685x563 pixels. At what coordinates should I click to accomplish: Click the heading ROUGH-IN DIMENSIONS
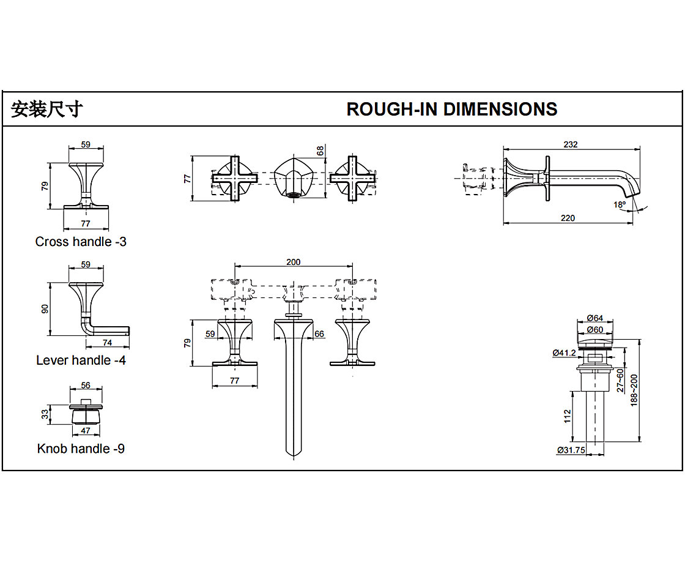pos(451,109)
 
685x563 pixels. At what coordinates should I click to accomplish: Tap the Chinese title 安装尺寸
pos(47,109)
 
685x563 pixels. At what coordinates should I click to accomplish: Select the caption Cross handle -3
pos(81,242)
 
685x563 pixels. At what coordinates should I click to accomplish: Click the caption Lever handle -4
pos(81,360)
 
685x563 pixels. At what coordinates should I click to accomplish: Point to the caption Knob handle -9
pos(81,449)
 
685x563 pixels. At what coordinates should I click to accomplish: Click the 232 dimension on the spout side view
pos(571,144)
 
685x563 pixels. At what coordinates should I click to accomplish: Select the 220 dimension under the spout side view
pos(568,218)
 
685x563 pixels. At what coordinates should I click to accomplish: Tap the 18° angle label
pos(620,205)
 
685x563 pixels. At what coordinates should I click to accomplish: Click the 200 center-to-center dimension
pos(294,262)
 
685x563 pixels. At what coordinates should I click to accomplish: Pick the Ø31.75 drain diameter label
pos(571,450)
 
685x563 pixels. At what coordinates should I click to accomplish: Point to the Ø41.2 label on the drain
pos(563,352)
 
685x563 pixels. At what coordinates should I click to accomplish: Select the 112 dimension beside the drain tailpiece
pos(567,416)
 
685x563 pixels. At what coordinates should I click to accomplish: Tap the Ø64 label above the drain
pos(594,318)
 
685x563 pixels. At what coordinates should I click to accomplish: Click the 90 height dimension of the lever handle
pos(45,309)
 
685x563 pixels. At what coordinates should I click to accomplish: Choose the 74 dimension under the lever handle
pos(107,343)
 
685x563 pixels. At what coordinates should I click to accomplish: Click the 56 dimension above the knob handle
pos(85,386)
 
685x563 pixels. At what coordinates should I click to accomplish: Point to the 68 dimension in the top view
pos(320,151)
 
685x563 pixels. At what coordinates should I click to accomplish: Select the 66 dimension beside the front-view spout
pos(319,334)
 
